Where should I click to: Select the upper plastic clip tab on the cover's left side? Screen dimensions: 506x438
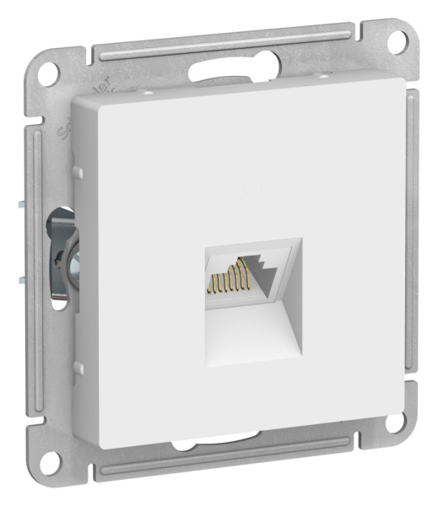click(77, 172)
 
